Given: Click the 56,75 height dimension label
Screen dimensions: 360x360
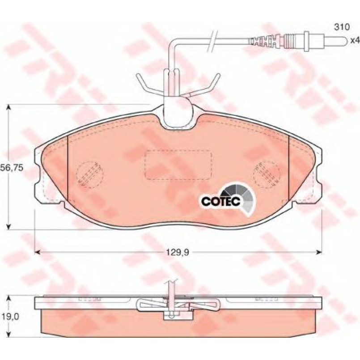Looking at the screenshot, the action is pos(12,168).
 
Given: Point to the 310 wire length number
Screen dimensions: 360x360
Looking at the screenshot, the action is pos(342,27).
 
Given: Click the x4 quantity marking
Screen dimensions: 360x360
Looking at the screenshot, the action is pos(355,41).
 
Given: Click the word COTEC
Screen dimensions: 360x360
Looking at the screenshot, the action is pos(221,201).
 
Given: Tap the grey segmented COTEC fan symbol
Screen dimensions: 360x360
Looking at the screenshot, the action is pos(241,198).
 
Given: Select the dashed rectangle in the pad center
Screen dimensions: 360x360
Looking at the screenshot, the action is pos(178,165).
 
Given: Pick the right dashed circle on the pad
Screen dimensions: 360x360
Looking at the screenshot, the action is pos(267,174).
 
